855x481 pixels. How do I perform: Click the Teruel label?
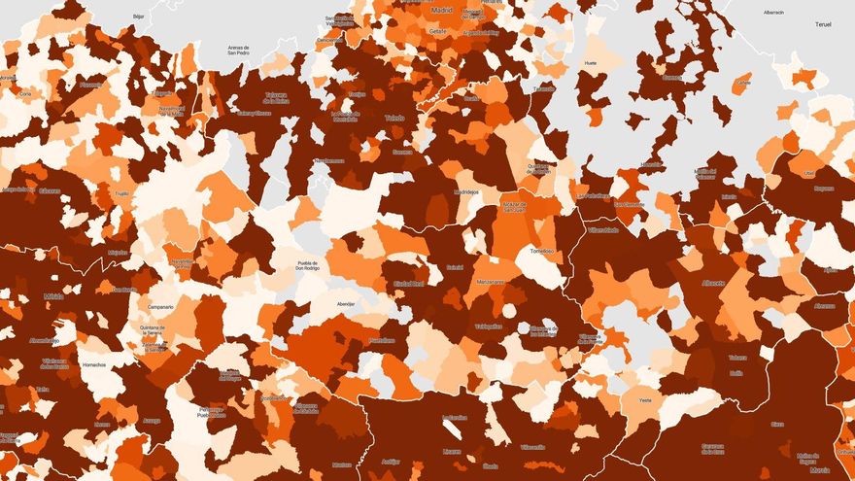(x=825, y=22)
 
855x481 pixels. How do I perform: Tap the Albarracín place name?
(x=773, y=12)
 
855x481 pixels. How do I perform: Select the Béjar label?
(x=138, y=17)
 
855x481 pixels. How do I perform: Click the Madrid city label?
(x=442, y=10)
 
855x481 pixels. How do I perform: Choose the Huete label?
(x=590, y=63)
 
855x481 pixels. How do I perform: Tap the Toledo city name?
(x=394, y=118)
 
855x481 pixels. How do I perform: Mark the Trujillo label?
(x=121, y=193)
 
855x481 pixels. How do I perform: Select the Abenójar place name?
(x=345, y=303)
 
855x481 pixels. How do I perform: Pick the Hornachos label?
(x=94, y=365)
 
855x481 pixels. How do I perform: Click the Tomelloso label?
(x=541, y=251)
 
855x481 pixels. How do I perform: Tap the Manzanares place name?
(x=491, y=282)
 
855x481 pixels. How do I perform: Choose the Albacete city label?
(x=713, y=282)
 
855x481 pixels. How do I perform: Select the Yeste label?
(x=645, y=400)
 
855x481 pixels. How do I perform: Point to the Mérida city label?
(x=53, y=296)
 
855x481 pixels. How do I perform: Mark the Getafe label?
(x=437, y=31)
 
